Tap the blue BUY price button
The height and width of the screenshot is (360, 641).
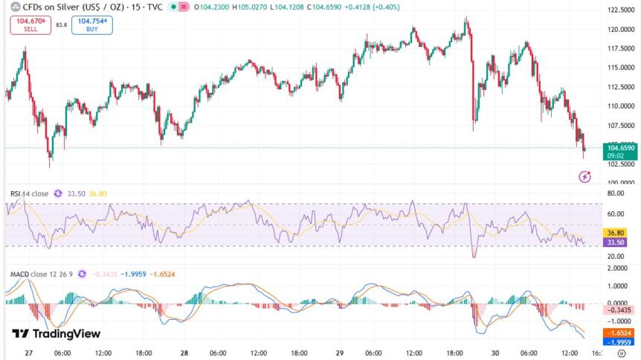pos(92,25)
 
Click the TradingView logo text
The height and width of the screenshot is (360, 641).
pos(57,334)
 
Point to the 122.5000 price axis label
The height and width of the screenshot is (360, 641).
pos(621,10)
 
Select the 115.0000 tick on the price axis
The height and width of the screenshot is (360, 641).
pos(621,68)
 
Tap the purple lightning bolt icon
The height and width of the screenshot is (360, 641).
pos(584,176)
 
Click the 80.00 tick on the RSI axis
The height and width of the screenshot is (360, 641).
pos(615,193)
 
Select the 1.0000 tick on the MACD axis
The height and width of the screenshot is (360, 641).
pos(619,286)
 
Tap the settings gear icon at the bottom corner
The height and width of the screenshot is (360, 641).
pos(621,354)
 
